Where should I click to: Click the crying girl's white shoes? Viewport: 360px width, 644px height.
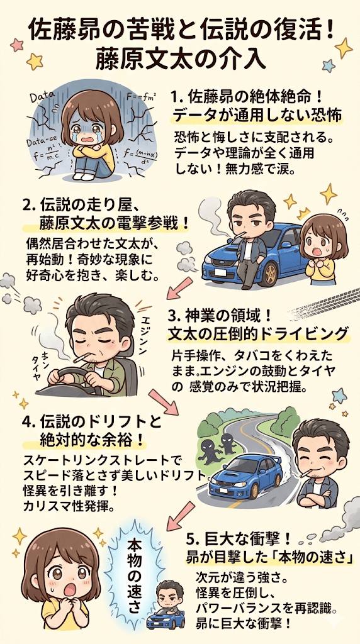tap(82, 176)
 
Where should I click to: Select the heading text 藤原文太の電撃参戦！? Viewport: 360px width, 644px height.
tap(115, 225)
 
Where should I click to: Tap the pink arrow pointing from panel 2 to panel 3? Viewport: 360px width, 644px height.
tap(179, 288)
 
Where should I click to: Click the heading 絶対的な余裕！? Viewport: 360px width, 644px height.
tap(92, 440)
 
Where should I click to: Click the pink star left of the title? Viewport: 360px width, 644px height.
tap(16, 45)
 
